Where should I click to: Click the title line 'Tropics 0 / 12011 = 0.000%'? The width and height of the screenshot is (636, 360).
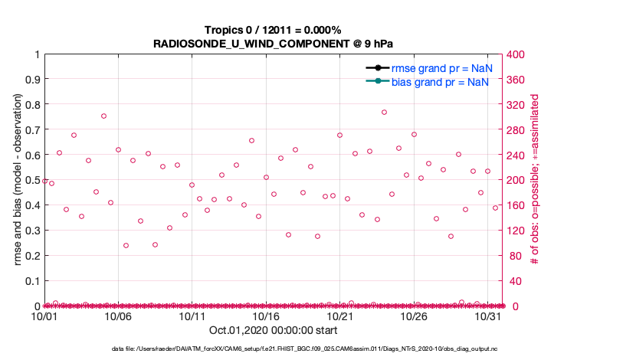273,30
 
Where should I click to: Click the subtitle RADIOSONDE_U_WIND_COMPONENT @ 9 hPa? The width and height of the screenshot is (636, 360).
273,43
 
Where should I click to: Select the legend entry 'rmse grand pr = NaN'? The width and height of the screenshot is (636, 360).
441,68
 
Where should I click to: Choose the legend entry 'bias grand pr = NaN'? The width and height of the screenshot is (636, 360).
441,81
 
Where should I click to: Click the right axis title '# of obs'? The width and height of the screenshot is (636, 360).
535,180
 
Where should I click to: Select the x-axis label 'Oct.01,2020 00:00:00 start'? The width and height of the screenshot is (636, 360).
273,331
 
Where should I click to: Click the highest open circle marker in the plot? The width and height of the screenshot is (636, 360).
384,112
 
